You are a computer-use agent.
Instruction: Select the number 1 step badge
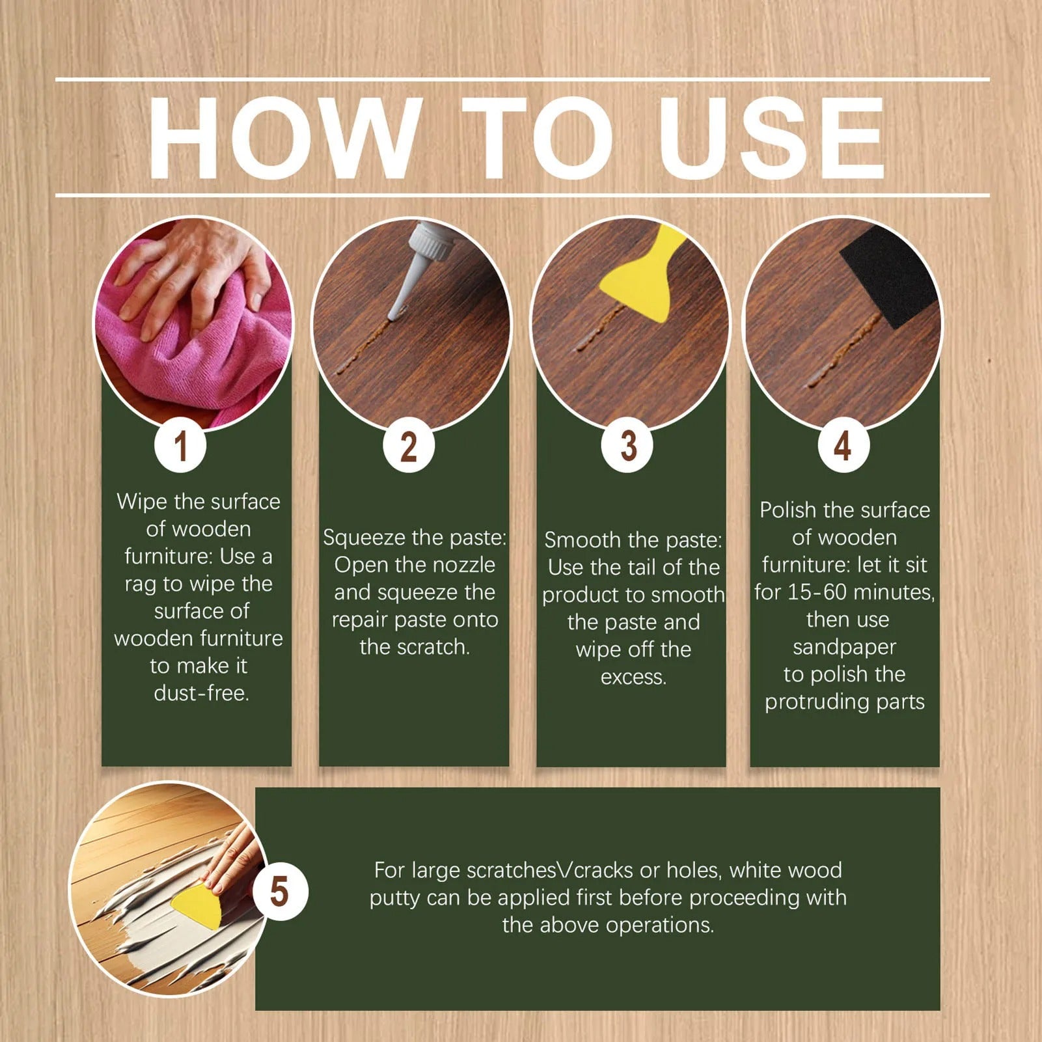(180, 447)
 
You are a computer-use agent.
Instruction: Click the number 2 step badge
(408, 447)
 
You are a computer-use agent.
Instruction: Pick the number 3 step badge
(627, 447)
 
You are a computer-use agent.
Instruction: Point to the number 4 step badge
(843, 447)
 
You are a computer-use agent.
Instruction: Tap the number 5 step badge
(280, 892)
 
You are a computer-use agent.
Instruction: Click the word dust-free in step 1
(202, 693)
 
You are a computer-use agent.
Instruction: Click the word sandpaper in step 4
(844, 648)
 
